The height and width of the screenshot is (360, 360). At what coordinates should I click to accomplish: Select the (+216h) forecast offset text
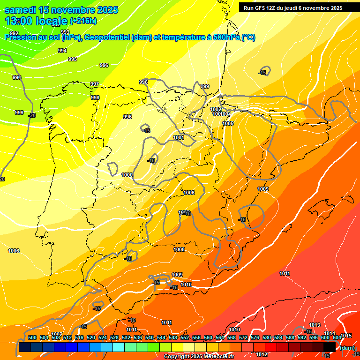pos(83,21)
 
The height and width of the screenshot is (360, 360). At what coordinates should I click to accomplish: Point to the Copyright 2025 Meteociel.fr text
pos(199,357)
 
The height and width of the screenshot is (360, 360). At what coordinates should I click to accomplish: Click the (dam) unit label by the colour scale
pos(347,348)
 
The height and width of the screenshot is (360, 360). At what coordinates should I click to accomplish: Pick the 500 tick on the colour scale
pos(32,337)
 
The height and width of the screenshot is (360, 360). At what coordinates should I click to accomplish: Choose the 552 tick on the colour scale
pos(185,337)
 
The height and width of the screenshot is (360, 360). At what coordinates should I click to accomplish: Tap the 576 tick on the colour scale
pos(255,337)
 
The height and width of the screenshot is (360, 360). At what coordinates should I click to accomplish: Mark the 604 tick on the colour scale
pos(337,337)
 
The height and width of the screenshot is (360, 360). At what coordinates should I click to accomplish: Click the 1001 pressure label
pos(179,137)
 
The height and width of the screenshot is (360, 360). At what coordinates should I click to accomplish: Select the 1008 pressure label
pos(179,250)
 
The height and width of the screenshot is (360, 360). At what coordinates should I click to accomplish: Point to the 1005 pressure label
pos(228,123)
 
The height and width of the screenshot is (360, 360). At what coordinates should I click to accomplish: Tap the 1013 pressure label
pos(315,325)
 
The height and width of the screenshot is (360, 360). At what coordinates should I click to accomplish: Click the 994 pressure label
pos(62,51)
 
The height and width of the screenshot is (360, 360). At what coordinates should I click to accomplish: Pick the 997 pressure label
pos(95,84)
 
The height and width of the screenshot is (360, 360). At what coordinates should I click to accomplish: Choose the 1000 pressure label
pos(127,175)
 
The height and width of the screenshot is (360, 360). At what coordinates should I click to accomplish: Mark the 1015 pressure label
pos(346,336)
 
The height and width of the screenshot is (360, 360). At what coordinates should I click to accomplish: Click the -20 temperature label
pos(32,115)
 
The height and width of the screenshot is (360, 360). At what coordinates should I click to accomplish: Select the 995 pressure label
pos(73,59)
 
